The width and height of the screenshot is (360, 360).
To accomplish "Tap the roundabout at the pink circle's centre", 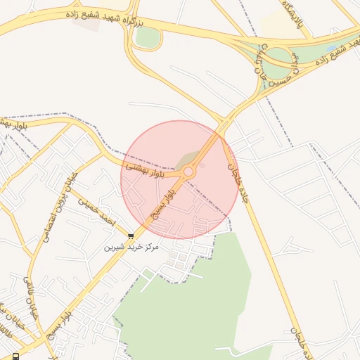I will coord(188,172).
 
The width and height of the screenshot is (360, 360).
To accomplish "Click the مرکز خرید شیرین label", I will coord(131,247).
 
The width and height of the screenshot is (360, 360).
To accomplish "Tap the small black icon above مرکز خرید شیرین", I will coord(131,236).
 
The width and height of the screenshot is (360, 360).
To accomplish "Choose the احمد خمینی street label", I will coord(94,206).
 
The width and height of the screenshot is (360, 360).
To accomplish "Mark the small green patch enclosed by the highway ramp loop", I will coord(146,37).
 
